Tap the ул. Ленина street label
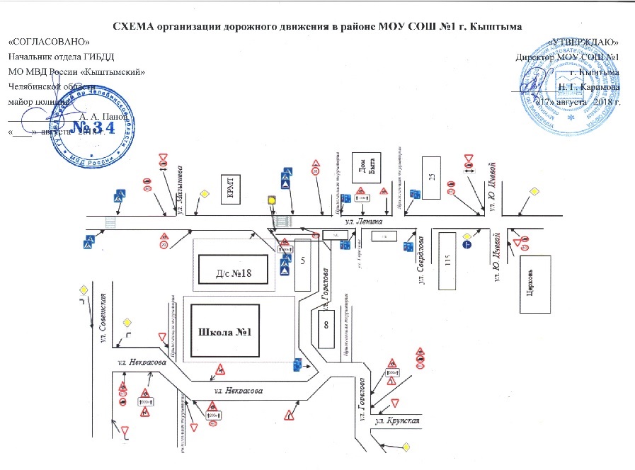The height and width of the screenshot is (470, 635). [359, 222]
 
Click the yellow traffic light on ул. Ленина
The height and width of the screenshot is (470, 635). [270, 200]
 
